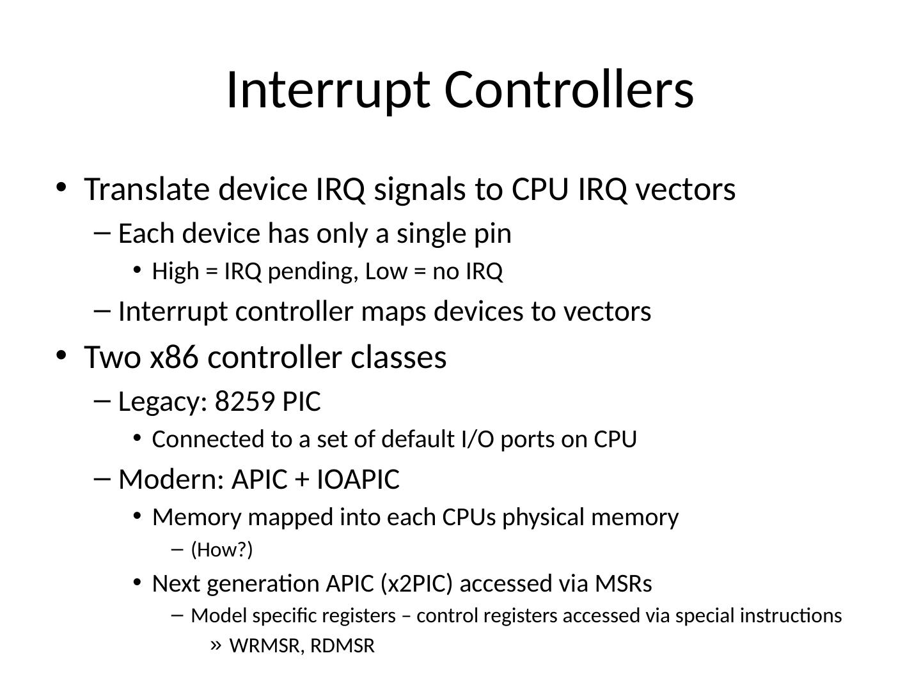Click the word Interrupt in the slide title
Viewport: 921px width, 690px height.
(x=329, y=91)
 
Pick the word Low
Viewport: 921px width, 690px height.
(x=386, y=272)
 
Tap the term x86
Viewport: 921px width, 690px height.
(x=174, y=357)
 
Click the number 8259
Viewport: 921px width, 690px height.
(x=244, y=401)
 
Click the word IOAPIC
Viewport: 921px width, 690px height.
(x=358, y=479)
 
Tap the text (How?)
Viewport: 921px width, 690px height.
(x=222, y=549)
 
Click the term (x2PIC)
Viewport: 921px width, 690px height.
(x=416, y=583)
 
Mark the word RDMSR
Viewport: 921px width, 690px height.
(x=342, y=645)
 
